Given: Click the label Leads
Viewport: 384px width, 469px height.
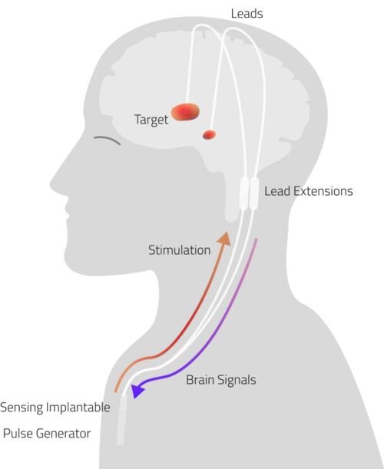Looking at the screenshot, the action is click(247, 14).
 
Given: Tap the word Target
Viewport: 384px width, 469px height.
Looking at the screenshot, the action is click(151, 120).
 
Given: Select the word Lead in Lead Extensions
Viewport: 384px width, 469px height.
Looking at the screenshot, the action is click(277, 191).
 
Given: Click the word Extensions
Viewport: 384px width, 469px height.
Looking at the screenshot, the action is click(323, 191).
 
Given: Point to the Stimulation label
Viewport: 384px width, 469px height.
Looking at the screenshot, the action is click(180, 250).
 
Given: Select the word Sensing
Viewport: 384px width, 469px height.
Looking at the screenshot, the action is click(22, 408).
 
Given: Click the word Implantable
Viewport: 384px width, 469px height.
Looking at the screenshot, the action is click(78, 408).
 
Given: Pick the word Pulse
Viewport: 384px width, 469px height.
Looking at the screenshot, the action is click(17, 434).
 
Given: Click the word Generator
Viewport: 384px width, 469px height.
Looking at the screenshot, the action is click(64, 434).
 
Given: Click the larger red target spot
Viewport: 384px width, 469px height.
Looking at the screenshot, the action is click(185, 112).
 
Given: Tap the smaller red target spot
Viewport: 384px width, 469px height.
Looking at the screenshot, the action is click(209, 135).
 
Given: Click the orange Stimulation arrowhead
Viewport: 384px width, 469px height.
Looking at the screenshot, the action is click(224, 239).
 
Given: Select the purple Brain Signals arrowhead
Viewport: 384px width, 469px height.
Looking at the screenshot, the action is click(137, 391).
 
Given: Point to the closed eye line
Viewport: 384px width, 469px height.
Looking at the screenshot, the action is click(108, 140).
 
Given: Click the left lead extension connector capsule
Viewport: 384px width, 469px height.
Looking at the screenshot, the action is click(243, 193).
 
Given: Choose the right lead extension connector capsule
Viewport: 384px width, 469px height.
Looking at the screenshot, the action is click(254, 193).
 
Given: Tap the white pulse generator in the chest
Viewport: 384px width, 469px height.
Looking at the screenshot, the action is click(121, 419).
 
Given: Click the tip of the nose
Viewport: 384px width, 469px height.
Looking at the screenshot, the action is click(50, 183).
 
